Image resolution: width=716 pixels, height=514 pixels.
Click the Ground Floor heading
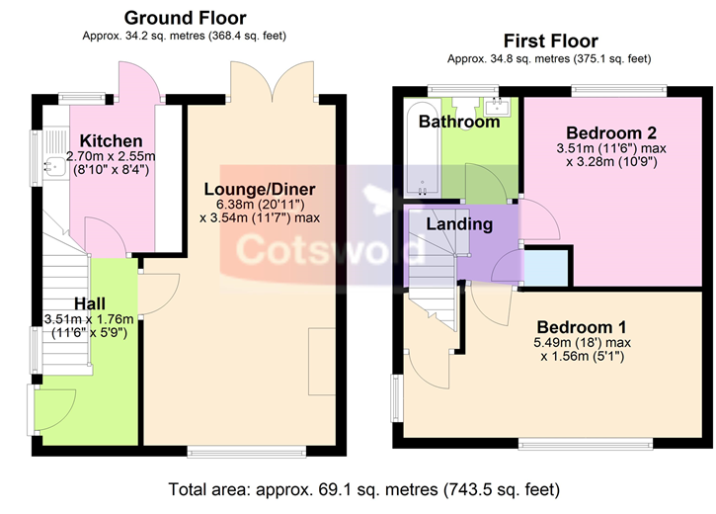185,18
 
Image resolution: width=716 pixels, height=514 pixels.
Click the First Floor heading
551,42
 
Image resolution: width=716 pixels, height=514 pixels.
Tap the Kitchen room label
111,140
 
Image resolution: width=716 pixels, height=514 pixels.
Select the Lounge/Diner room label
260,189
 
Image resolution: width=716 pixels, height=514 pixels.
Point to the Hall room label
90,303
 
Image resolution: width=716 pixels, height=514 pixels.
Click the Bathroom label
459,122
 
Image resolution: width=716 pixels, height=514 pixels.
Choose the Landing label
459,223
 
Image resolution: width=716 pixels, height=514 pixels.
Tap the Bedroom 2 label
611,133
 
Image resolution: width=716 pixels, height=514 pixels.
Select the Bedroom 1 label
582,327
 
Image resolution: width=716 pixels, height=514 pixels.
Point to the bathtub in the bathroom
423,148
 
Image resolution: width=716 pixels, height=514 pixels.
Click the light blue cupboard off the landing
546,267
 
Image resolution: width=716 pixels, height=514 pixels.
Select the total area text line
364,489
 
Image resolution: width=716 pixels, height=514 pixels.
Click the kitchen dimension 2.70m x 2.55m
111,156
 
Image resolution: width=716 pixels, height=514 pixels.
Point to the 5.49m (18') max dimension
583,342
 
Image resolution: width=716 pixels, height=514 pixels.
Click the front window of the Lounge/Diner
247,453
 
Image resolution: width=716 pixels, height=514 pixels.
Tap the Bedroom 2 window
619,91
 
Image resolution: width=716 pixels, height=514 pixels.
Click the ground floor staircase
66,301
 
